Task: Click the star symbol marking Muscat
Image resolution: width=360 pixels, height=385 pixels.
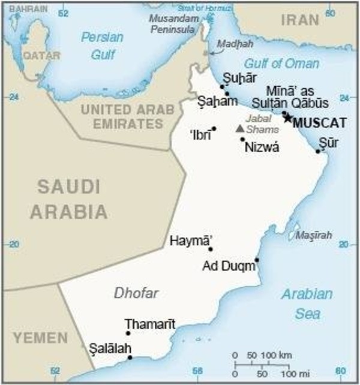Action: click(x=288, y=118)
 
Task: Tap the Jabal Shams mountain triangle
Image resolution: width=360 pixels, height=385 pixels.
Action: click(x=240, y=128)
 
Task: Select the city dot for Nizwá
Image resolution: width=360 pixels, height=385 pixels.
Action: click(x=242, y=139)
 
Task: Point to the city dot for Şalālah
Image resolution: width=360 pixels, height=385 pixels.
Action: click(x=130, y=357)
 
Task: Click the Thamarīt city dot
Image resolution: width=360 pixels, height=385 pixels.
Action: click(x=128, y=333)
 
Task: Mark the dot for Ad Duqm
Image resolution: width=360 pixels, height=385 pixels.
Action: click(x=257, y=260)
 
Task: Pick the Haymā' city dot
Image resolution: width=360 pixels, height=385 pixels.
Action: click(x=210, y=249)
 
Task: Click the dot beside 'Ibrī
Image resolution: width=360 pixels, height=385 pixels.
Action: click(x=214, y=128)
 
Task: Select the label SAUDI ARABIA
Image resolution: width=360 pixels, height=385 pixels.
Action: click(x=69, y=199)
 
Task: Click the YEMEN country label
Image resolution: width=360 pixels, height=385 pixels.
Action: click(x=34, y=338)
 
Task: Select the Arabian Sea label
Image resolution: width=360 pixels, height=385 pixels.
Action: click(x=307, y=303)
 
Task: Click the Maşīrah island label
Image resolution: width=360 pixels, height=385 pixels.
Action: click(x=314, y=235)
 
